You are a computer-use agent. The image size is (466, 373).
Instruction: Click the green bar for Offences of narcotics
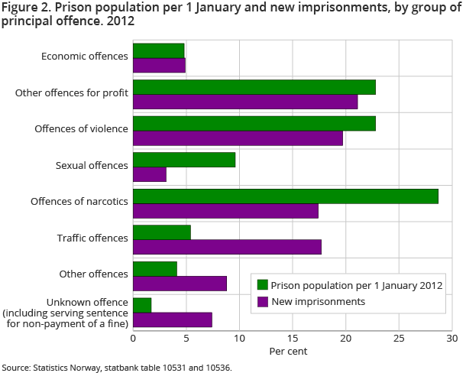point(286,196)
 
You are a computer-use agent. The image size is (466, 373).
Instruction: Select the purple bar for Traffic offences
point(227,247)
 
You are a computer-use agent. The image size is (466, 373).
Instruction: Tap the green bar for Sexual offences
point(184,160)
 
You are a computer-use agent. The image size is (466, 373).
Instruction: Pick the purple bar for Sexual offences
point(150,174)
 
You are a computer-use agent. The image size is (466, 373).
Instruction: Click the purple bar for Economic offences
point(159,65)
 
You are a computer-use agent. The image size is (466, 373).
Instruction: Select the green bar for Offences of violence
point(254,123)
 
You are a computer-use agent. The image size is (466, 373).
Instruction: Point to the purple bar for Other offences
point(180,284)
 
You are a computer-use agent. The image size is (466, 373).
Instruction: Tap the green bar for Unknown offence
point(142,305)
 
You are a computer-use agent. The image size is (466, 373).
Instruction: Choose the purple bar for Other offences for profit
point(245,102)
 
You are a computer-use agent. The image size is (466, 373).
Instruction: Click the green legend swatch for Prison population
point(263,285)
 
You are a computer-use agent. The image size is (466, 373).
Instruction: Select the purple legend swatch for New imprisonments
point(263,301)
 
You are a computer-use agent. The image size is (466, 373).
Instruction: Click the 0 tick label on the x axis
point(133,338)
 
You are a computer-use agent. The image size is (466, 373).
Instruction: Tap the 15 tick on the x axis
point(292,338)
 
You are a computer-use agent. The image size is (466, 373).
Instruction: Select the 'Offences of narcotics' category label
point(79,202)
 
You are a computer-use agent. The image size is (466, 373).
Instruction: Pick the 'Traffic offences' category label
point(92,238)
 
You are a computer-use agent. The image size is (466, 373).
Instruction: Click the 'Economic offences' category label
point(84,57)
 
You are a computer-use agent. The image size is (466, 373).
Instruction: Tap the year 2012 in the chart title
point(121,21)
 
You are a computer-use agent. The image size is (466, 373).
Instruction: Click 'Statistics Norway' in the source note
point(63,368)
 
